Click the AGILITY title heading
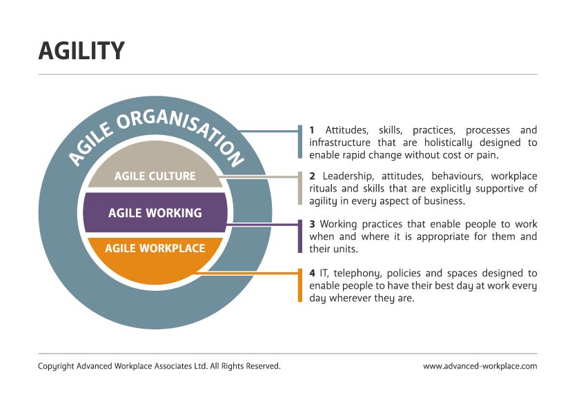pyautogui.click(x=81, y=51)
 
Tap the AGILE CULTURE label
pyautogui.click(x=155, y=176)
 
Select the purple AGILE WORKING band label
pyautogui.click(x=155, y=213)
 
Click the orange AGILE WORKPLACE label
pyautogui.click(x=155, y=247)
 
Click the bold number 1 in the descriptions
pyautogui.click(x=312, y=130)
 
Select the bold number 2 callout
pyautogui.click(x=312, y=177)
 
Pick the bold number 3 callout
pyautogui.click(x=312, y=224)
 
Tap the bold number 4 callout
pyautogui.click(x=312, y=274)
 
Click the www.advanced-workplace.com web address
pyautogui.click(x=480, y=367)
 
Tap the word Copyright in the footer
pyautogui.click(x=56, y=367)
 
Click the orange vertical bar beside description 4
pyautogui.click(x=300, y=285)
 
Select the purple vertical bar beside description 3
pyautogui.click(x=300, y=236)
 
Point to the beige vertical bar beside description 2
pyautogui.click(x=300, y=188)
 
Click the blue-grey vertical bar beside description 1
pyautogui.click(x=300, y=141)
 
